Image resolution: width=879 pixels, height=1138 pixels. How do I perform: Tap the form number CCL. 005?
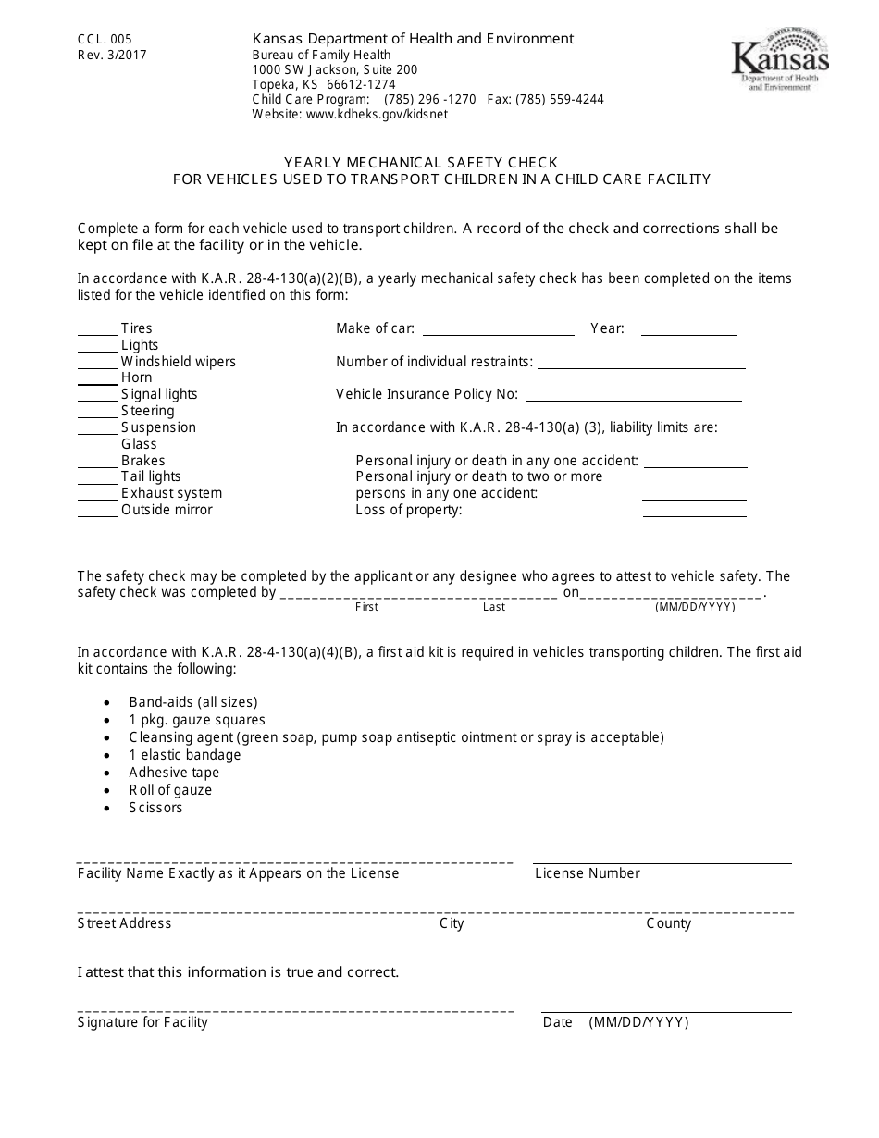105,39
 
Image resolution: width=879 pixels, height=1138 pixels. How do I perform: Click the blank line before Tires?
97,334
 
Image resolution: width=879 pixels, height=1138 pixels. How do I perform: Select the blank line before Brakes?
97,466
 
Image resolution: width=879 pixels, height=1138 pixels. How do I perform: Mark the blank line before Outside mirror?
97,515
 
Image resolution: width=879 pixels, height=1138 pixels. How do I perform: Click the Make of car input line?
498,333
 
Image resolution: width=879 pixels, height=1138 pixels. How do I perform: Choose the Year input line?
688,333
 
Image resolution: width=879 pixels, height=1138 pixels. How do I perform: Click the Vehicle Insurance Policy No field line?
634,400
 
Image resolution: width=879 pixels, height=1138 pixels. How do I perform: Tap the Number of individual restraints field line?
641,366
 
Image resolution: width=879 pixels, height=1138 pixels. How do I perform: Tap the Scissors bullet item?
155,808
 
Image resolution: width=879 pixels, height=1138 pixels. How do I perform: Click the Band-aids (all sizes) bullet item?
193,702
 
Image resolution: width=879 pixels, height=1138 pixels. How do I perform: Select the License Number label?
588,873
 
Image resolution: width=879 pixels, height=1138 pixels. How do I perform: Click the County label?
668,923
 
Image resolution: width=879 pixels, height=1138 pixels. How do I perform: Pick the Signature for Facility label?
142,1022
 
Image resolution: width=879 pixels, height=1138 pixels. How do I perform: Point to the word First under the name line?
366,607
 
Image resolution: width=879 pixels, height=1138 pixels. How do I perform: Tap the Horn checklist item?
136,377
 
